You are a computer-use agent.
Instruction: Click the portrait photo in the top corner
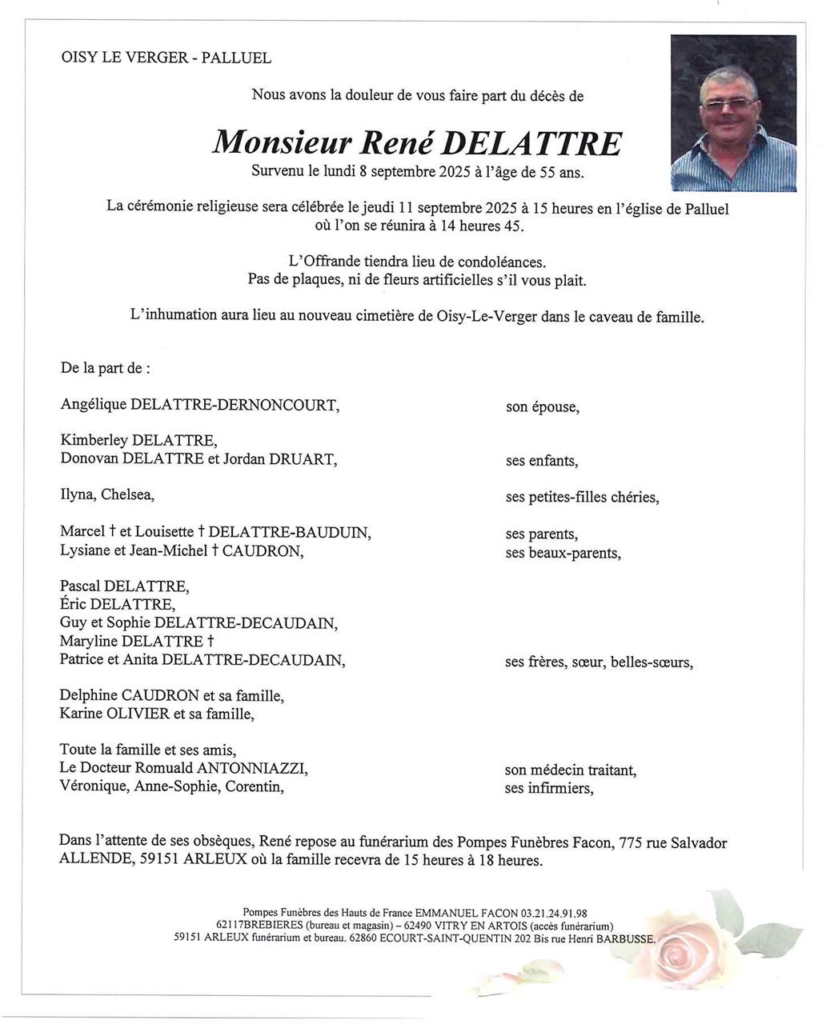[733, 113]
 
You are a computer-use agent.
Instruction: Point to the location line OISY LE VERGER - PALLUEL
[166, 58]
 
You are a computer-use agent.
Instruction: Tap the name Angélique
[93, 405]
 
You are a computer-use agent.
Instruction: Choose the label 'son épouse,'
[542, 407]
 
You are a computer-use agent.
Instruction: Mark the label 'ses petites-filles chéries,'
[582, 498]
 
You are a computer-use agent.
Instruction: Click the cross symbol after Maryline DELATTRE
[211, 642]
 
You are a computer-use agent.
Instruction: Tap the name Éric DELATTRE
[116, 605]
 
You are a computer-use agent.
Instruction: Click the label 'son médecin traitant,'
[570, 770]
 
